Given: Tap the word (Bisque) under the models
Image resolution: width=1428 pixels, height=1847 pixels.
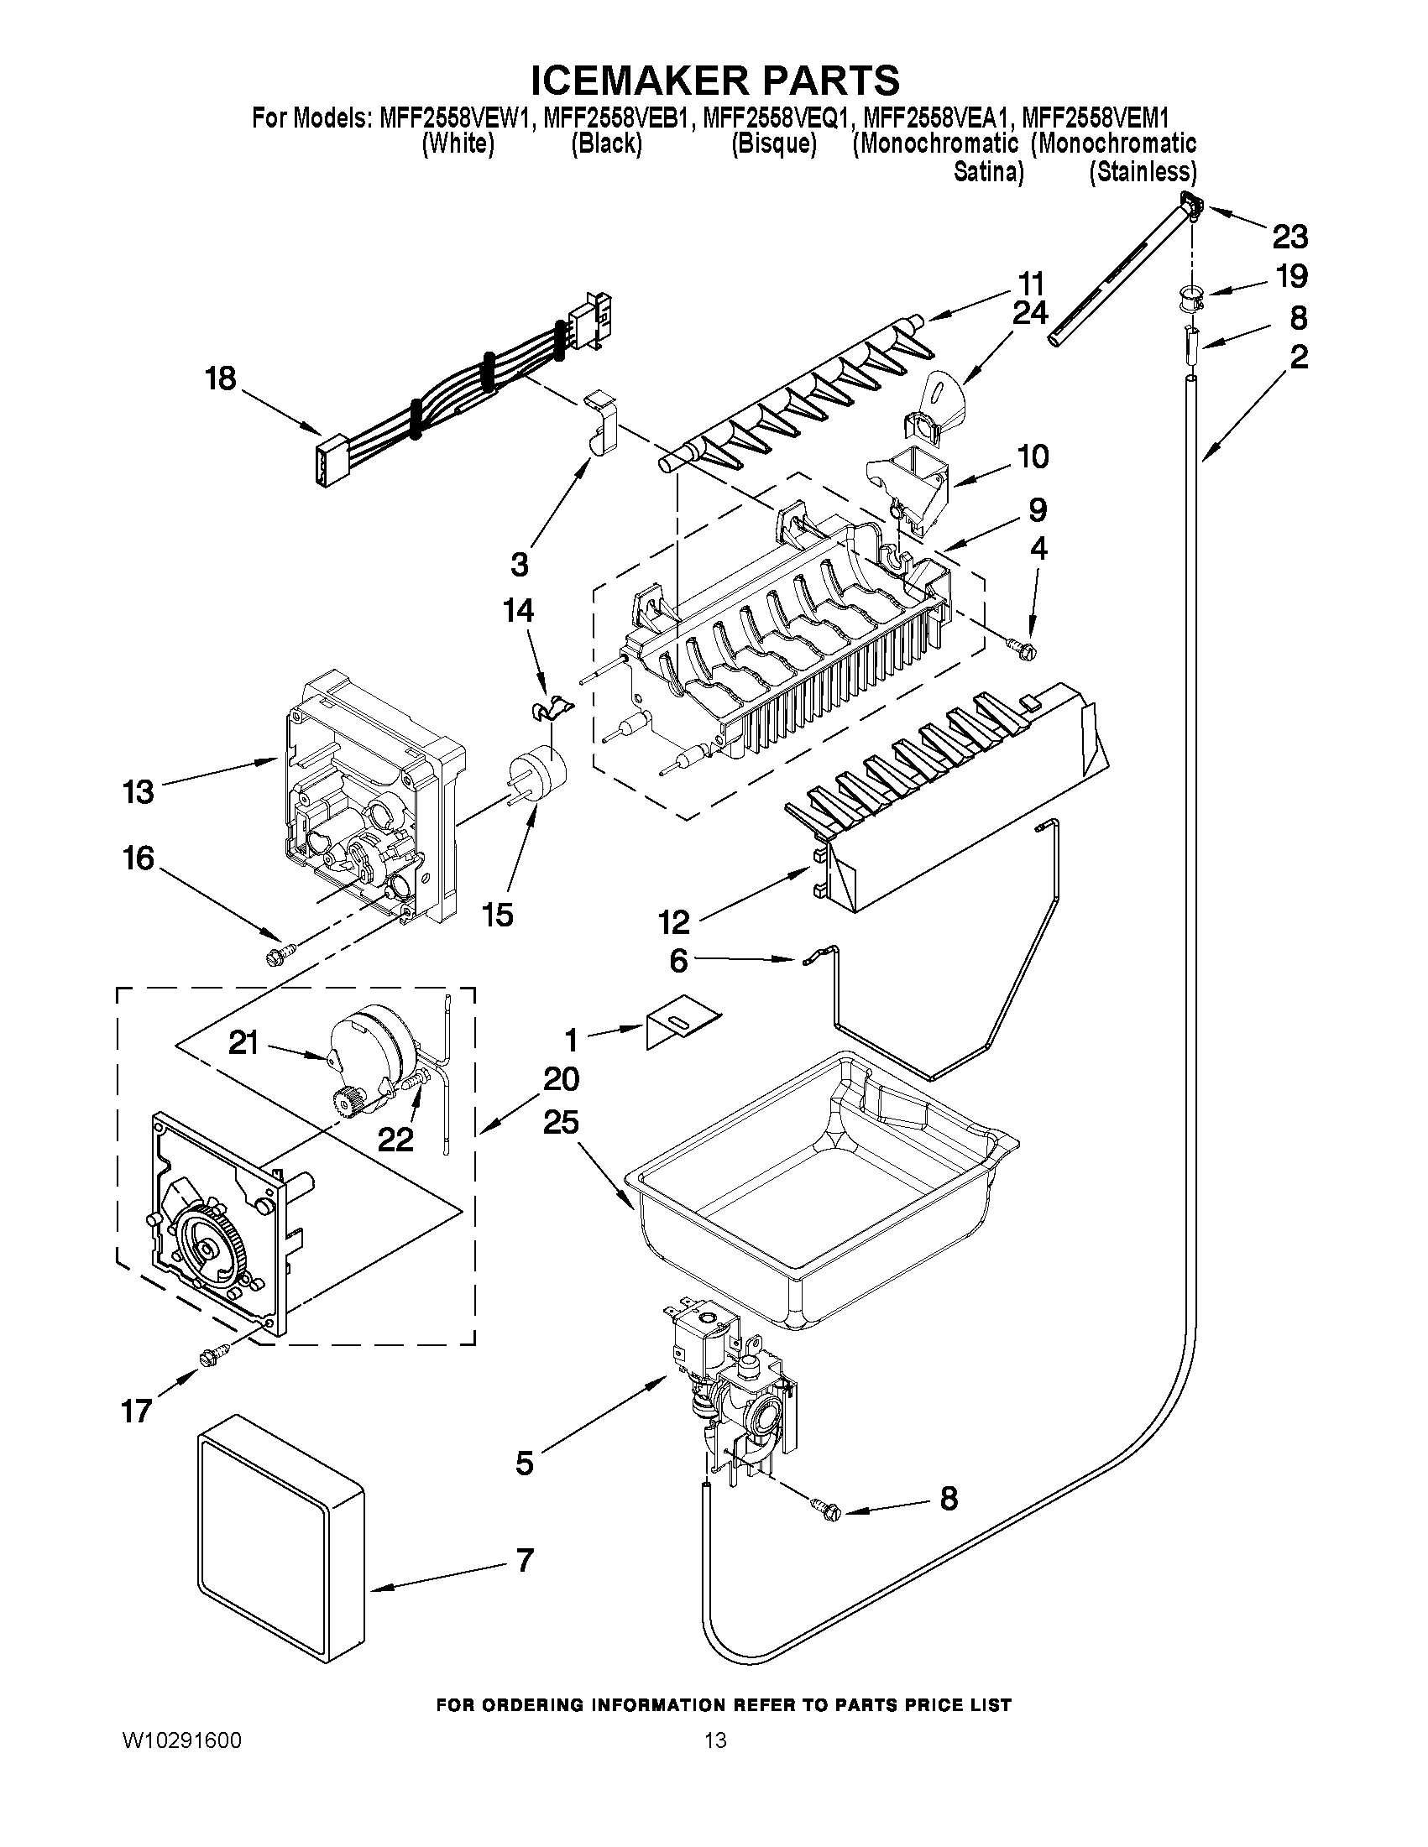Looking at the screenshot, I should [773, 143].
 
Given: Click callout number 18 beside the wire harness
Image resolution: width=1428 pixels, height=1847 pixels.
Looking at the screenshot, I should [221, 378].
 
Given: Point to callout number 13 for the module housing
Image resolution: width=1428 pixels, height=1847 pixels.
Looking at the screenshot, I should [139, 792].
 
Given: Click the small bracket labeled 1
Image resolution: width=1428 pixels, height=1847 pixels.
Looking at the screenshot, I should [679, 1028].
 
